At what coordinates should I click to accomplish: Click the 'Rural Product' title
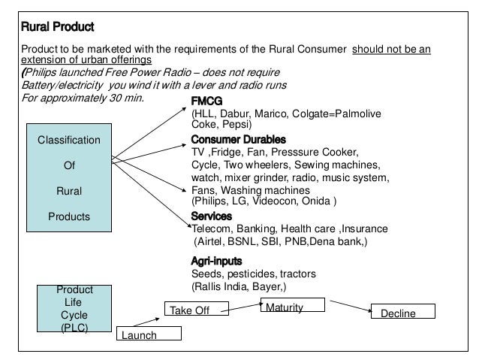(x=56, y=29)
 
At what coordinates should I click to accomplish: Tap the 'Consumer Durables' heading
(x=239, y=139)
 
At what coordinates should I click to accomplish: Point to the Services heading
(x=212, y=216)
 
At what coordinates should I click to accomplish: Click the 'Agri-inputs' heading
(x=217, y=260)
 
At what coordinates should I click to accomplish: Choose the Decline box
(x=399, y=312)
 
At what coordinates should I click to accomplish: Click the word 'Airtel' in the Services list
(x=213, y=241)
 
